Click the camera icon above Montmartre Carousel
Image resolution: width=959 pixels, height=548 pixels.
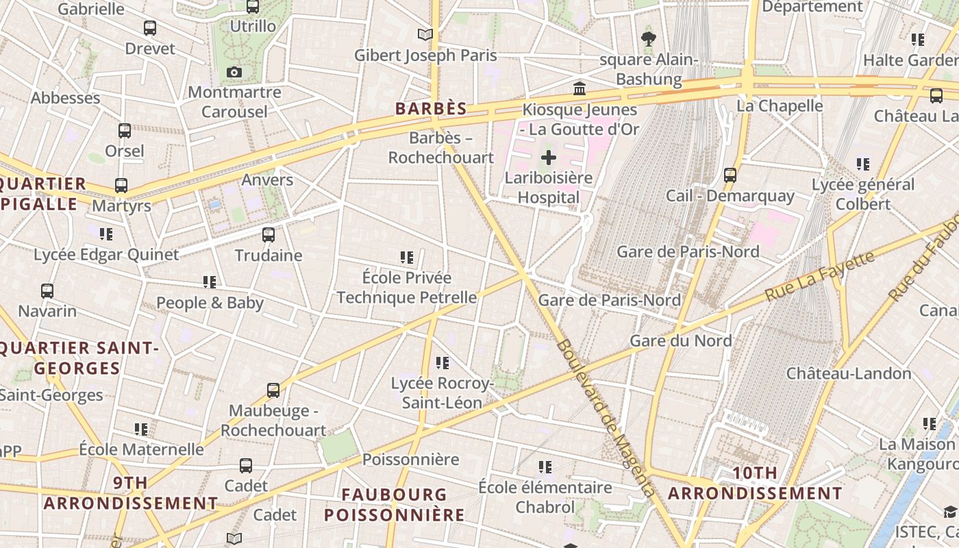point(234,72)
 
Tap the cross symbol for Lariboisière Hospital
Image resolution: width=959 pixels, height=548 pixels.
point(548,158)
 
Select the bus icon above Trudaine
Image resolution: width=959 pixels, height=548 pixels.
point(269,235)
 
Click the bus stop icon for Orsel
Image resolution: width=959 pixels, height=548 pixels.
point(125,130)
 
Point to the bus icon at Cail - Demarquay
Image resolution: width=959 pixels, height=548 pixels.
point(730,175)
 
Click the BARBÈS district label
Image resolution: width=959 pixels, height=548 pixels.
point(431,108)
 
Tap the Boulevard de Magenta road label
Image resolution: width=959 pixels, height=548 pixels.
point(606,418)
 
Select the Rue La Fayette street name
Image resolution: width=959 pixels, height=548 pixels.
point(820,275)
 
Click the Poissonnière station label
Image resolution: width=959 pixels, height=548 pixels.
point(410,459)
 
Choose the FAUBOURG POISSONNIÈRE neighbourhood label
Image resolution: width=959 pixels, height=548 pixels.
point(395,504)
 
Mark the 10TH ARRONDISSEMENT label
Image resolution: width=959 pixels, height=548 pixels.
point(755,483)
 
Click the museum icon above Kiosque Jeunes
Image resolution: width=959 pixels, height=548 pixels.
point(580,88)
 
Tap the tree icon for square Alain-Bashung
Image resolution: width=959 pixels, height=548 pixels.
point(648,38)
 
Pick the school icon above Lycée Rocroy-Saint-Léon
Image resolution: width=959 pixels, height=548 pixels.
point(443,362)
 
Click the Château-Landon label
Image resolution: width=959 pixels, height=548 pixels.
point(849,373)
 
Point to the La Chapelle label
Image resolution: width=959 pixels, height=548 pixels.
point(780,105)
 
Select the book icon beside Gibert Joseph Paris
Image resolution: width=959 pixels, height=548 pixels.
point(425,34)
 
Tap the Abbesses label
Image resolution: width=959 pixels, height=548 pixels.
point(66,97)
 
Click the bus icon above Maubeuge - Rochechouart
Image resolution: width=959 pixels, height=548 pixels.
point(273,390)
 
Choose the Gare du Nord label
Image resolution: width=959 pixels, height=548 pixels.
point(681,340)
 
